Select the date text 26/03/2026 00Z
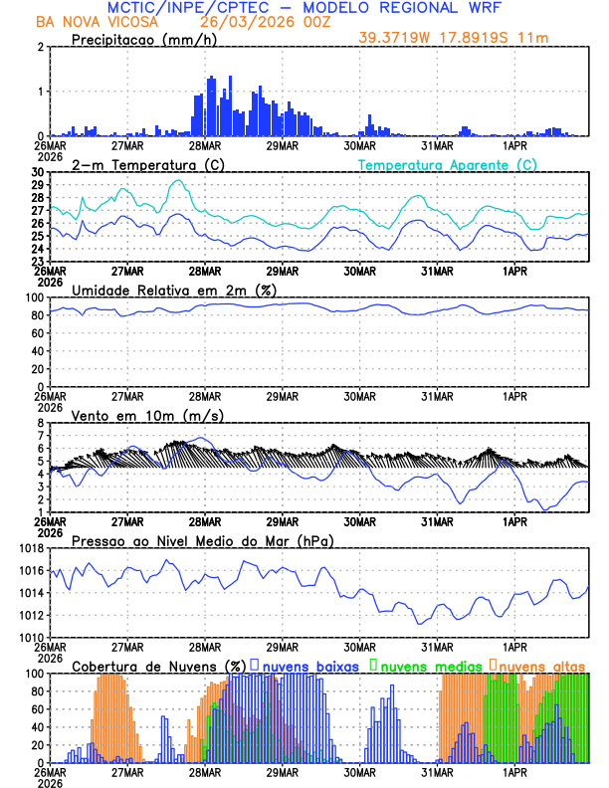[x=254, y=21]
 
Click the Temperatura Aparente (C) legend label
[x=448, y=164]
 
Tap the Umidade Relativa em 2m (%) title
[x=174, y=290]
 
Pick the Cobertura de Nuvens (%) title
[x=158, y=666]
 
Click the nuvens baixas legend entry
[x=309, y=666]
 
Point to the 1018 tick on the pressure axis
[x=30, y=548]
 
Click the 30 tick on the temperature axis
[x=37, y=172]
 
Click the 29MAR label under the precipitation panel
[x=282, y=145]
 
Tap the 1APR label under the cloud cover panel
[x=514, y=772]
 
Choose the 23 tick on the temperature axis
[x=37, y=261]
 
